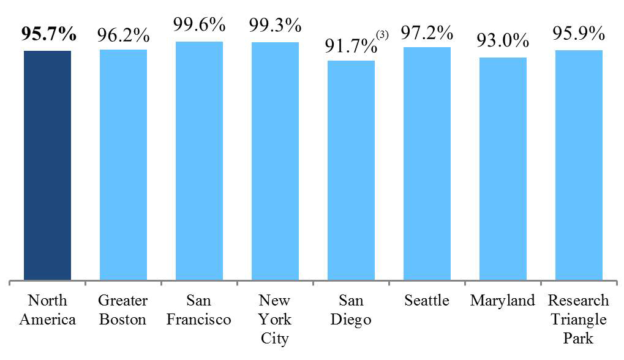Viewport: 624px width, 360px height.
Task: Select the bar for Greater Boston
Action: pos(123,165)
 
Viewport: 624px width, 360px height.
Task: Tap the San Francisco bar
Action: pos(199,161)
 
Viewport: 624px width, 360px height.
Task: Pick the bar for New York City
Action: pos(275,161)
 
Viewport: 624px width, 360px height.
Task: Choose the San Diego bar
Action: pos(351,170)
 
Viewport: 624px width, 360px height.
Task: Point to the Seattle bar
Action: pos(427,163)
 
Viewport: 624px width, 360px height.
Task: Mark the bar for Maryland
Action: pos(503,169)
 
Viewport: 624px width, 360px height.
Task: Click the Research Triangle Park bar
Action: pos(579,165)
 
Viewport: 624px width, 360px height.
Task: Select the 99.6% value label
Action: pos(199,26)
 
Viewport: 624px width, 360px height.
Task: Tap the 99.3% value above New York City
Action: pos(275,26)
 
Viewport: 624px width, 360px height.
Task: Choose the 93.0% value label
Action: pos(503,41)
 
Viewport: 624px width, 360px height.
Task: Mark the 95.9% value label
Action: pos(579,34)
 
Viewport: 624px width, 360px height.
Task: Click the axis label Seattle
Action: pos(427,301)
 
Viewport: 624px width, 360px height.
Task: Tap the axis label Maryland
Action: pos(503,301)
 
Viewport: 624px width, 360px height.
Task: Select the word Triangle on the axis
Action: pos(579,319)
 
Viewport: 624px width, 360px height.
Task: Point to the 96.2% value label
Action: pos(123,34)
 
